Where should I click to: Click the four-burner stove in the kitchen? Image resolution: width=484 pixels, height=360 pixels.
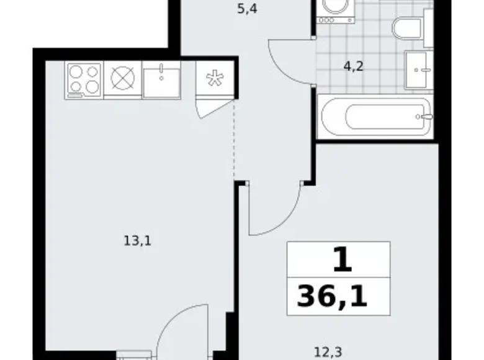84,79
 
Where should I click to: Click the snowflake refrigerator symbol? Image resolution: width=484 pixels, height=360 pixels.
215,80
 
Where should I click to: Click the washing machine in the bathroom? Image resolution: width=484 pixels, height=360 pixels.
335,9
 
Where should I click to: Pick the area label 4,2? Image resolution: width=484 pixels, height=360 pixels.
354,66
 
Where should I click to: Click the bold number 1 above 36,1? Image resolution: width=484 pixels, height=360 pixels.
342,259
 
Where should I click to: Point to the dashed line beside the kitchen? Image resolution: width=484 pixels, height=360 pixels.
235,140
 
